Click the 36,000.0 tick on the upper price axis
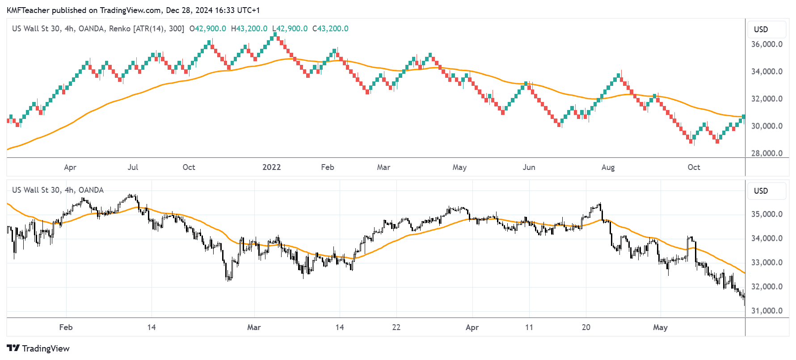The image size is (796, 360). point(767,44)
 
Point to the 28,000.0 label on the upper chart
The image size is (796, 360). point(767,153)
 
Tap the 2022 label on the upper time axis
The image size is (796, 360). point(271,167)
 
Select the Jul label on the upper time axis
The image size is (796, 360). point(133,167)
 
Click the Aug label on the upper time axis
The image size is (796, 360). point(608,167)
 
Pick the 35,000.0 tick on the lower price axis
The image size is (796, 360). point(767,214)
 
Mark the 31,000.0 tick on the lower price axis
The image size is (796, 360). point(767,311)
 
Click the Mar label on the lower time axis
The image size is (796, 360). point(254,327)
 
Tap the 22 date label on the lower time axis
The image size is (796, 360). point(396,327)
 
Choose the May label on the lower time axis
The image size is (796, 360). point(660,327)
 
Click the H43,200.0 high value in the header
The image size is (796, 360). point(249,29)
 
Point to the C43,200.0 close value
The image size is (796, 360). point(330,29)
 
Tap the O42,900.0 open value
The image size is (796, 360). point(208,29)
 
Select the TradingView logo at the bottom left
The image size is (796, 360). point(38,348)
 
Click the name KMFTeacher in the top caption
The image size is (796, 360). point(28,10)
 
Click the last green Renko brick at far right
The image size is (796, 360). point(743,117)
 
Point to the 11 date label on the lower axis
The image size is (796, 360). point(529,327)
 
